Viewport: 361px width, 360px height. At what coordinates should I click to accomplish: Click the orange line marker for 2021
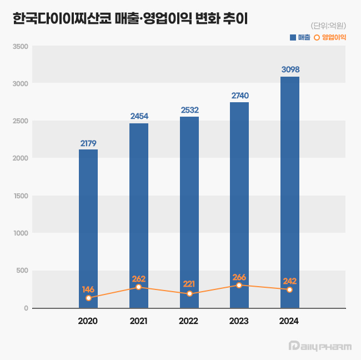[x=138, y=287]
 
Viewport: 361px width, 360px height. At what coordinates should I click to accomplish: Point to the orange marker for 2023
[x=239, y=285]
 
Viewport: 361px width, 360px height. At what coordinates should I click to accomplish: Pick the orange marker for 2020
[x=88, y=298]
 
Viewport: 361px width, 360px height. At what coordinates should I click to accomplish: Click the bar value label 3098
[x=290, y=69]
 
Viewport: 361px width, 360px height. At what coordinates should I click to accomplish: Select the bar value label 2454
[x=139, y=116]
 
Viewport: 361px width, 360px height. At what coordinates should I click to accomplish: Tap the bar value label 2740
[x=239, y=96]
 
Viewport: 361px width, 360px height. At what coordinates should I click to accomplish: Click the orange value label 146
[x=88, y=289]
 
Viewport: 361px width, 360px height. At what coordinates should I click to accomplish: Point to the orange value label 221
[x=189, y=284]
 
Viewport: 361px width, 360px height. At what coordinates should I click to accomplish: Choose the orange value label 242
[x=290, y=281]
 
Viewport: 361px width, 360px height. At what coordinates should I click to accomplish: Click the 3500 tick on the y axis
[x=21, y=46]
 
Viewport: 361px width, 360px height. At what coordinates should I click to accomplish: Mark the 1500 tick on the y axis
[x=21, y=196]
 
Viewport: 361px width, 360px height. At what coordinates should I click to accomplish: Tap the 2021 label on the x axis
[x=138, y=321]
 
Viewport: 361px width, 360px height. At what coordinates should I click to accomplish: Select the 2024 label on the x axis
[x=289, y=321]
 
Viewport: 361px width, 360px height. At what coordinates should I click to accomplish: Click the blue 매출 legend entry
[x=300, y=37]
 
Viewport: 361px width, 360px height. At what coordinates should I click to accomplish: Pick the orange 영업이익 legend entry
[x=330, y=37]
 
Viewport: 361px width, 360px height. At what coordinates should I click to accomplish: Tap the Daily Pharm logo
[x=320, y=346]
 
